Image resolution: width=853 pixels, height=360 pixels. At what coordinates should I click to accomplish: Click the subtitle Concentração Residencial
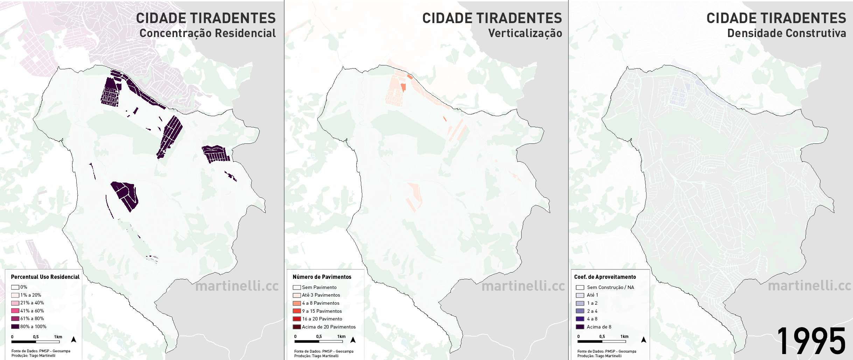point(208,33)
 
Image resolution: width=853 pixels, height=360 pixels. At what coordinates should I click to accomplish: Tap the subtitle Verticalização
point(525,33)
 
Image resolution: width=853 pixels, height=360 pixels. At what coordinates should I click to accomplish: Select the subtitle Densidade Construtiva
point(786,33)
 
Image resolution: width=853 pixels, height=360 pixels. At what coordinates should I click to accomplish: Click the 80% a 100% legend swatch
point(15,326)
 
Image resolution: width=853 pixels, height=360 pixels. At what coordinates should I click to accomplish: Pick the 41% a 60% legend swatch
point(15,311)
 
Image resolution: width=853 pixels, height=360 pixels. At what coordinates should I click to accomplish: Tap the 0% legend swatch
point(15,287)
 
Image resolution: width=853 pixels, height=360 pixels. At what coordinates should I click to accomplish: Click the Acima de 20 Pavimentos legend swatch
point(297,327)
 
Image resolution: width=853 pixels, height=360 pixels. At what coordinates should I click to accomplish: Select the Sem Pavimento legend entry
point(319,287)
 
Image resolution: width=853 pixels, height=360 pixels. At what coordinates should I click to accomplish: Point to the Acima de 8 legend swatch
point(580,327)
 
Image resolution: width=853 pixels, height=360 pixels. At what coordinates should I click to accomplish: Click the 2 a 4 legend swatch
point(580,311)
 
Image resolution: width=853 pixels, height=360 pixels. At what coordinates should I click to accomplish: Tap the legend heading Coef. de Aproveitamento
point(605,277)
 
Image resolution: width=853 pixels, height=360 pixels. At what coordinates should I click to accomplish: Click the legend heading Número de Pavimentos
point(322,277)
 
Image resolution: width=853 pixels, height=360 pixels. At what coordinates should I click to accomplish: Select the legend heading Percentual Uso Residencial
point(45,277)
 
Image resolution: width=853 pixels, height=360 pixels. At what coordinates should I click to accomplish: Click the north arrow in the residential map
point(74,339)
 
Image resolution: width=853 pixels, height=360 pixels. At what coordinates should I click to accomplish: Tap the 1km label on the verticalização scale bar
point(341,337)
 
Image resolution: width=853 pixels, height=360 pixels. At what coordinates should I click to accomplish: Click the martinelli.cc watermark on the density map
point(809,286)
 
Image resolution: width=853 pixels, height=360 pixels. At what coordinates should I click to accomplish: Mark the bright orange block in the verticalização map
point(403,87)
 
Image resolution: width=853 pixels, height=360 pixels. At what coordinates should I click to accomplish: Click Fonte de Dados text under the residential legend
point(41,351)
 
